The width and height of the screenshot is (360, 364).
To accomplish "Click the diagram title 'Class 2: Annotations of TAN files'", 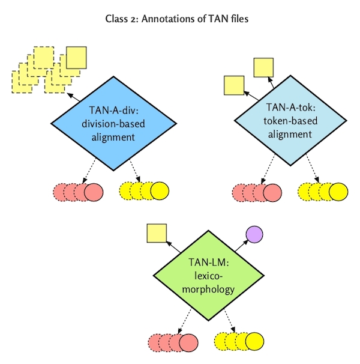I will (x=181, y=19).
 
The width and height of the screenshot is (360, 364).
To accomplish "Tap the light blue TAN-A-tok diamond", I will (x=290, y=123).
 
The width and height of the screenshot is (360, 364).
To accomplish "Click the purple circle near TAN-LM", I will (x=253, y=234).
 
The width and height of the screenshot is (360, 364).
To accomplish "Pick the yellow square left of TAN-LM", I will (x=157, y=233).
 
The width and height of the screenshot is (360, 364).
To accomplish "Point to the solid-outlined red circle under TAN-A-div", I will (x=93, y=192).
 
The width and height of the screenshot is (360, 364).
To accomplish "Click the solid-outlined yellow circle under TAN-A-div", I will (x=158, y=191).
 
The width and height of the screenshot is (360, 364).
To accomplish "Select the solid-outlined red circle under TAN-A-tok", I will (x=272, y=192).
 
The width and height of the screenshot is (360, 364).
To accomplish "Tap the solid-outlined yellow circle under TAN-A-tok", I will (x=338, y=192).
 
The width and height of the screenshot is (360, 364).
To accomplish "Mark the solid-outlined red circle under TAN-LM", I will (x=188, y=342).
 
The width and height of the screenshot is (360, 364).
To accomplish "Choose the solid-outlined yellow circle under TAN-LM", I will (x=254, y=342).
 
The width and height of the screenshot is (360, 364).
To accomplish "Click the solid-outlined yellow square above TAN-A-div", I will (x=77, y=58).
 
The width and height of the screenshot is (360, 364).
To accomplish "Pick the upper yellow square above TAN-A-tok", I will (x=264, y=67).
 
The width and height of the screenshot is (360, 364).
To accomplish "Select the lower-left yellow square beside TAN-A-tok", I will (x=233, y=86).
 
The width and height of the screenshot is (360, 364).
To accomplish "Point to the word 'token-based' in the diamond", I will (x=290, y=123).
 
